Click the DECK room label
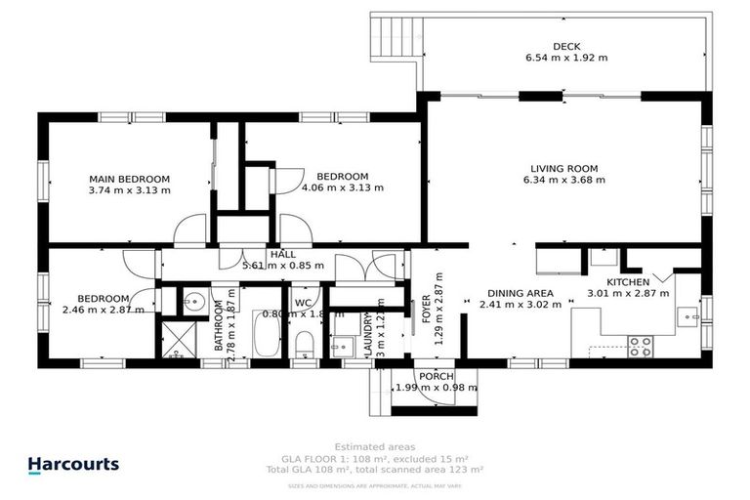click(566, 45)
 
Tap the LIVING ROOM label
click(563, 167)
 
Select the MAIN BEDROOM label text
click(129, 179)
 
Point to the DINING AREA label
click(521, 293)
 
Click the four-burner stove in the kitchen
click(640, 346)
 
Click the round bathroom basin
click(192, 301)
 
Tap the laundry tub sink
click(342, 346)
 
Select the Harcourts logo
click(73, 466)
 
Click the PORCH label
click(436, 376)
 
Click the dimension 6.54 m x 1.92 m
click(566, 58)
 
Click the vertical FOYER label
click(426, 315)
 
